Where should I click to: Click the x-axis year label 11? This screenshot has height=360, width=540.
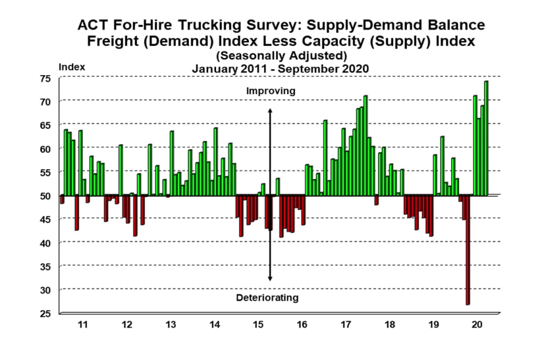point(83,324)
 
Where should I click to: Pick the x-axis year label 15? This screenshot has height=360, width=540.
point(259,324)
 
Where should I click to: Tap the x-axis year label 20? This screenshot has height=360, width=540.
point(477,324)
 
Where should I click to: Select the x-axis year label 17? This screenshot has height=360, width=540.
point(346,324)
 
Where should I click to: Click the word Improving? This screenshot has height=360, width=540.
point(271,91)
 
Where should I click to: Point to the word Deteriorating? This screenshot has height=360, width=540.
point(267,298)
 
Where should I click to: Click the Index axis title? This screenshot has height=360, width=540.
point(72,67)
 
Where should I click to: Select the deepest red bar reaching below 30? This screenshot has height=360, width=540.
point(468,250)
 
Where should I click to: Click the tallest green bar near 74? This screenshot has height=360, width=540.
point(486,138)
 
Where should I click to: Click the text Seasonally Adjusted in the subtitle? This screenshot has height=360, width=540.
point(281,55)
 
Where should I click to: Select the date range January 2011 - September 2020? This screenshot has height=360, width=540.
point(280,68)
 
